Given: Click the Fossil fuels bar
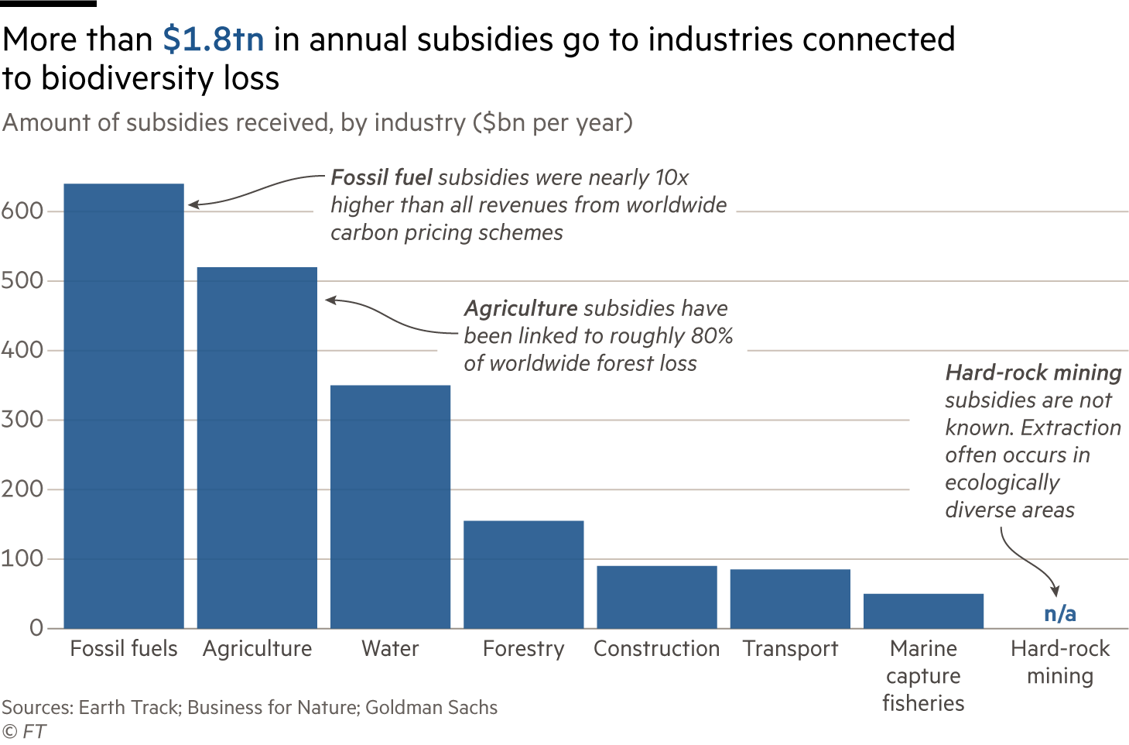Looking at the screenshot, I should (124, 406).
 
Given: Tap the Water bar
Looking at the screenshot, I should (390, 506).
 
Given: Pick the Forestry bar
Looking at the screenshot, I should (524, 574).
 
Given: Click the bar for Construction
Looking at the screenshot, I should (657, 596).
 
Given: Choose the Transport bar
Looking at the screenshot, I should (790, 599).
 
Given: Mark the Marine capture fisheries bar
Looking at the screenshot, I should (923, 610).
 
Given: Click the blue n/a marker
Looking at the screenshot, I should (1059, 613).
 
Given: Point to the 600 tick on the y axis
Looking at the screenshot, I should (22, 211).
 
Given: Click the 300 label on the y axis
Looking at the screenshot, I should (22, 420).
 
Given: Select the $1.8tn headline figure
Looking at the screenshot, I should (214, 39).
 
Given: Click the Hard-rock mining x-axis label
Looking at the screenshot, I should (1059, 661).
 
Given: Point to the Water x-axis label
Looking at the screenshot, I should (390, 648).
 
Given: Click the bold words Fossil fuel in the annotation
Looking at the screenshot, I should (381, 177).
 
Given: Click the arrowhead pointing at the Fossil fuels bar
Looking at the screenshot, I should (193, 204).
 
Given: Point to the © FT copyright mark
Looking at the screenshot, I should (24, 732).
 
